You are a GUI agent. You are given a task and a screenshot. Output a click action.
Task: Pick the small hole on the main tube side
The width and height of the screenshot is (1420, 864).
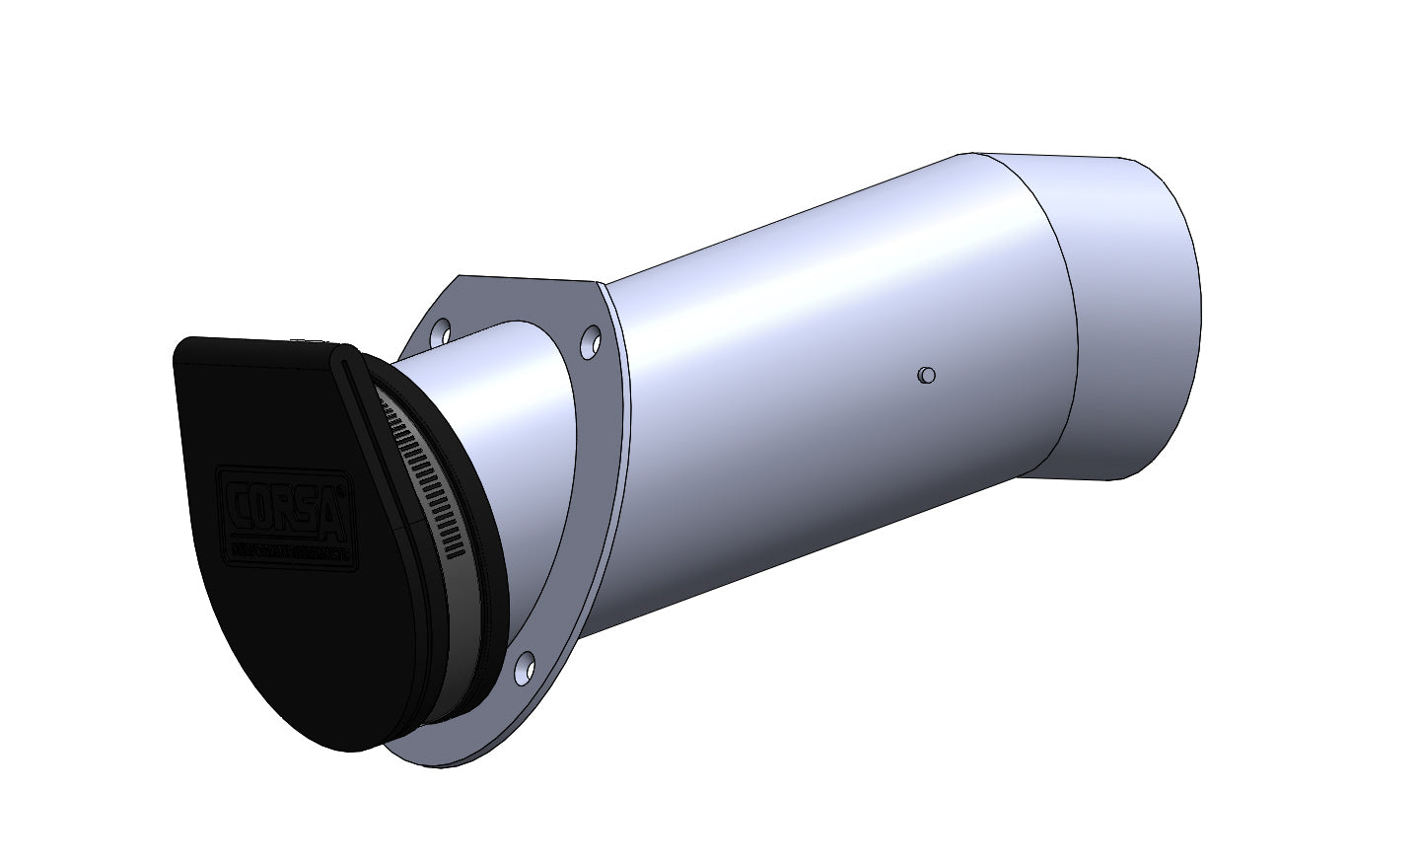tap(925, 375)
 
